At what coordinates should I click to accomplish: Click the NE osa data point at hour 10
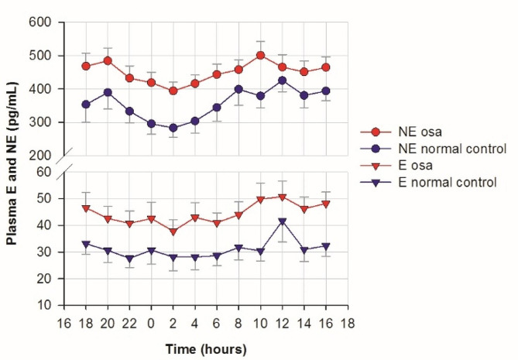click(x=261, y=55)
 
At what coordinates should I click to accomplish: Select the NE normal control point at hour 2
click(x=173, y=128)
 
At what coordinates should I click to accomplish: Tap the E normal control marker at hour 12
click(x=282, y=221)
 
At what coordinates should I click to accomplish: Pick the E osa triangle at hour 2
click(x=173, y=231)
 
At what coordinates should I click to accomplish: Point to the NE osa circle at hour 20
click(x=108, y=60)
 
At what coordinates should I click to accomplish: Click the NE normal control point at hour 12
click(x=282, y=81)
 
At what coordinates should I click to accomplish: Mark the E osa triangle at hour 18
click(x=86, y=208)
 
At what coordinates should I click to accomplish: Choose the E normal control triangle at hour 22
click(x=129, y=259)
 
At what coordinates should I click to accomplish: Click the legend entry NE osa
click(x=420, y=132)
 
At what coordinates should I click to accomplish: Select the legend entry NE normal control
click(x=452, y=149)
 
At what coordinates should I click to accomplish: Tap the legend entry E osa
click(x=415, y=165)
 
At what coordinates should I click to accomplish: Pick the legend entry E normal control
click(x=448, y=182)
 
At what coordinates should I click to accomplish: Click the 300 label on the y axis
click(x=40, y=122)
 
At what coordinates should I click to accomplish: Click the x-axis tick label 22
click(x=129, y=324)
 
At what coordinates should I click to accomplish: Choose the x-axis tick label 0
click(x=151, y=324)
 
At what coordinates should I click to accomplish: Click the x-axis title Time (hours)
click(x=206, y=349)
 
